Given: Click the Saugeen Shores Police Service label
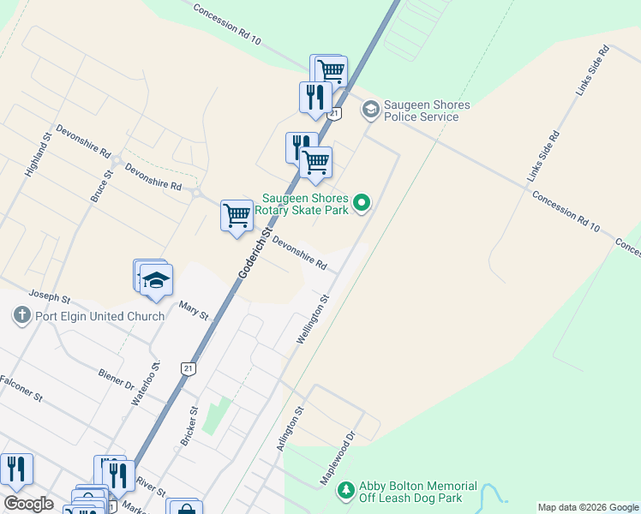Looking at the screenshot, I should click(x=427, y=111).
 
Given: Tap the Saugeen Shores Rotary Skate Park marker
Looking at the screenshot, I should click(x=362, y=203).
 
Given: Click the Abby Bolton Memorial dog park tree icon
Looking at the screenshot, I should click(x=346, y=490).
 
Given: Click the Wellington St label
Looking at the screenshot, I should click(x=313, y=320).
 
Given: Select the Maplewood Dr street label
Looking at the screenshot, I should click(x=337, y=460).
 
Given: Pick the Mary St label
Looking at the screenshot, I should click(x=194, y=309).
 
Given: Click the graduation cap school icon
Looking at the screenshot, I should click(x=157, y=279).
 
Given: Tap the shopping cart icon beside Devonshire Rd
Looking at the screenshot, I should click(x=237, y=214).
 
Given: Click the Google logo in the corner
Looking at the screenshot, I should click(x=28, y=504).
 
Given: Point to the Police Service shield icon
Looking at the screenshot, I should click(x=370, y=109).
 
